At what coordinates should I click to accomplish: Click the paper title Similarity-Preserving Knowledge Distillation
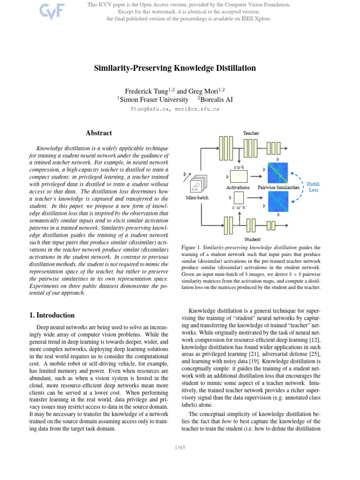[x=175, y=68]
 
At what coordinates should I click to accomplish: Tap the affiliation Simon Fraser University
[x=153, y=99]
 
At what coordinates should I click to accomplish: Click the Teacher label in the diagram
[x=251, y=133]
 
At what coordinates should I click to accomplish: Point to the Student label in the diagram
[x=253, y=239]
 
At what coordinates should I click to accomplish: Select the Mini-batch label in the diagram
[x=197, y=198]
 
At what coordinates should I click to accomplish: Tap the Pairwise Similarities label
[x=278, y=187]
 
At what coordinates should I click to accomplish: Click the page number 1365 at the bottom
[x=180, y=447]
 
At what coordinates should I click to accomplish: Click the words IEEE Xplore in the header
[x=256, y=19]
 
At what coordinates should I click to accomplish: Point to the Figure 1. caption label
[x=191, y=247]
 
